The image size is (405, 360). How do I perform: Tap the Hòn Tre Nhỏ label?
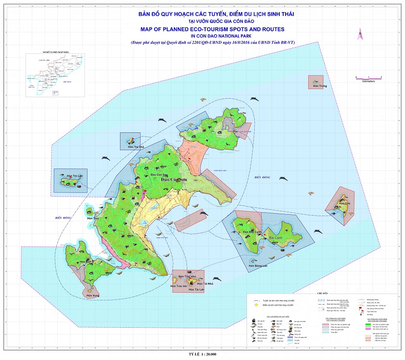[x=131, y=147]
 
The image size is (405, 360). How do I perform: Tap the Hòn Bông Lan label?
[x=255, y=266]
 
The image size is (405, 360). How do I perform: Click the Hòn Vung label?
[x=92, y=296]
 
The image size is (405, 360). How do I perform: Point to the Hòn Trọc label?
[x=92, y=219]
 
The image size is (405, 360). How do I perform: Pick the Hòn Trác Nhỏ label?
[x=187, y=277]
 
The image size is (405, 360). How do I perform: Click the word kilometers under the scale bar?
[x=368, y=81]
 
